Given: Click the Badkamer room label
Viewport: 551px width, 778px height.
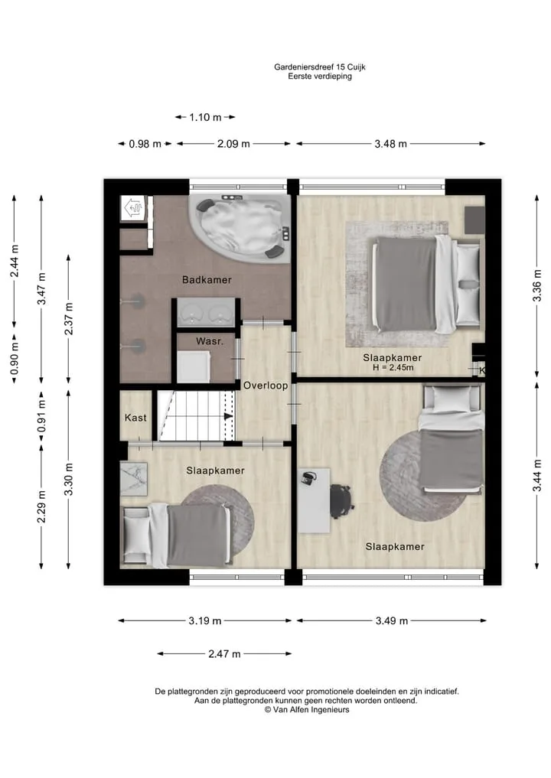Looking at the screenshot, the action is pos(207,280).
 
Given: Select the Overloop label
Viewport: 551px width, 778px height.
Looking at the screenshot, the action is pos(266,386).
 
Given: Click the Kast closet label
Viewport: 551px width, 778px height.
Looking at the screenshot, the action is pos(135,418).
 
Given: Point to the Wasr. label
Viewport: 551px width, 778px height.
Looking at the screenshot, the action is pos(210,341).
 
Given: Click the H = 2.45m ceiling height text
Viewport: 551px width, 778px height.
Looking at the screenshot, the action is pos(393,368).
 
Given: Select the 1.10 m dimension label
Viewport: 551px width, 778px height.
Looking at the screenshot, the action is pos(205,118).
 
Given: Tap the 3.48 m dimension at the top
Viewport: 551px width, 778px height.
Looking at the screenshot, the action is pos(390,144).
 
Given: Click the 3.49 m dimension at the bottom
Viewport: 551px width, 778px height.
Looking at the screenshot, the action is pos(392,620).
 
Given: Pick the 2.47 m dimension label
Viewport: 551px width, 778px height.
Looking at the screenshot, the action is pos(224,654).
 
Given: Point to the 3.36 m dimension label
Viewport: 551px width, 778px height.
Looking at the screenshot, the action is pos(536,285).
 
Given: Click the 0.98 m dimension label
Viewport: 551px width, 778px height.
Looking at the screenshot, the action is pos(145,144).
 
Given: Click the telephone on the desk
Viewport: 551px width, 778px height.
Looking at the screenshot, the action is pos(308,479).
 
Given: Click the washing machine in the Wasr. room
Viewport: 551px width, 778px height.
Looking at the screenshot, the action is pos(193,366).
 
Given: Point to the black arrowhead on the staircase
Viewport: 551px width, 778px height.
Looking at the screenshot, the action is pos(228,416).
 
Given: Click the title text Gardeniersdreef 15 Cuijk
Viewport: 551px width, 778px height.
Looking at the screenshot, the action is pos(320,67).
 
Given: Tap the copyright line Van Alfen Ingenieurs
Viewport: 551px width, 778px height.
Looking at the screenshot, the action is pos(307,710).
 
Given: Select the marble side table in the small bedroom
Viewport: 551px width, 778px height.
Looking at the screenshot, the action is pos(134,479).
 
